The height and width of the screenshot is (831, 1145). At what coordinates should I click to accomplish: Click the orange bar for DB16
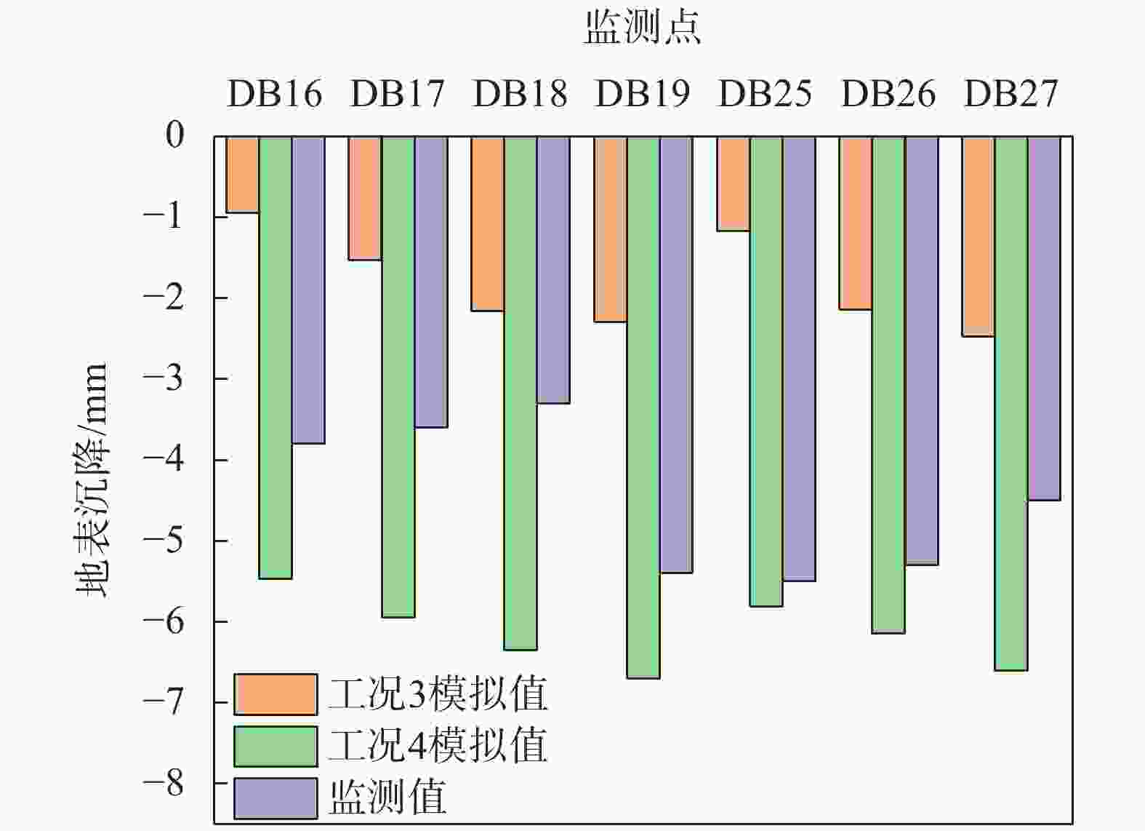pos(242,175)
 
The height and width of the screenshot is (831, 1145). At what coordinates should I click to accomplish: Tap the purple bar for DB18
pos(553,270)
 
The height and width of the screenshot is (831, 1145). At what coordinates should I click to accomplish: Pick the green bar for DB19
pos(643,407)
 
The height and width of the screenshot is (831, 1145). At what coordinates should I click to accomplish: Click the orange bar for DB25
pos(734,184)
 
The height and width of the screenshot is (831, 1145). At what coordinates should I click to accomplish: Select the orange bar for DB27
pos(979,236)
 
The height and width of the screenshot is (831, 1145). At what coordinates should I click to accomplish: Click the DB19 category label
pos(643,94)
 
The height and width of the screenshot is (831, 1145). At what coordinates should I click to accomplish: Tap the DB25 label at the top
pos(765,94)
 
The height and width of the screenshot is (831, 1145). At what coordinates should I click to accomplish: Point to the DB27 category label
pos(1011,94)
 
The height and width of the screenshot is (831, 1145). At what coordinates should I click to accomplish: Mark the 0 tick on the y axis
pos(175,135)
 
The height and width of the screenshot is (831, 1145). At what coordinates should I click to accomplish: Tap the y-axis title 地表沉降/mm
pos(92,480)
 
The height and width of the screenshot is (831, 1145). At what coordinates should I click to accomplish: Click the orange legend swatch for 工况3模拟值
pos(276,694)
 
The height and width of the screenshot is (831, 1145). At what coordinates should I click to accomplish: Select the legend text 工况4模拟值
pos(438,745)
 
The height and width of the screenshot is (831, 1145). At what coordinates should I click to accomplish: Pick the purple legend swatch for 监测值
pos(276,798)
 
